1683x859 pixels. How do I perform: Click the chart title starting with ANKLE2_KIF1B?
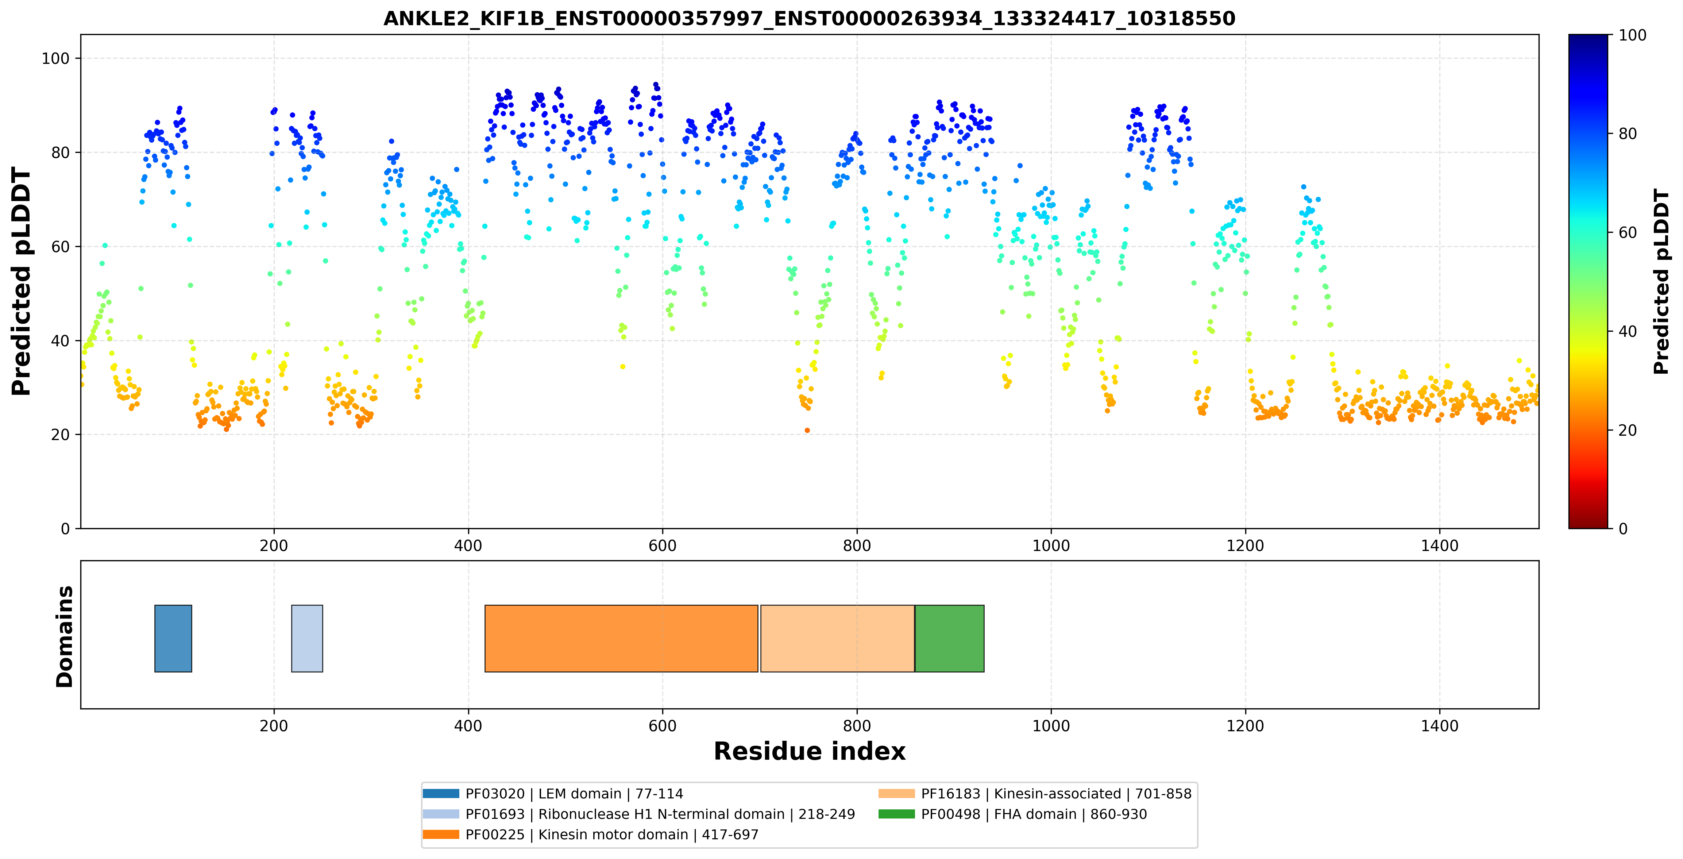tap(809, 18)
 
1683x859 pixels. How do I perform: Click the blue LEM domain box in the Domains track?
tap(173, 638)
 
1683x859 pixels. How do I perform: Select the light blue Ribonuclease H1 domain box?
tap(307, 638)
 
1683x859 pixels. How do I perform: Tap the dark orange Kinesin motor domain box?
tap(621, 638)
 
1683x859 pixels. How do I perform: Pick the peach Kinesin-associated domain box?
tap(838, 638)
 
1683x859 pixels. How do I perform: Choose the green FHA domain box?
tap(949, 638)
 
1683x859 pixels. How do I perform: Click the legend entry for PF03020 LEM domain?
tap(553, 794)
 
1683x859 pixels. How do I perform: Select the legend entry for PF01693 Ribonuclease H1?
tap(638, 814)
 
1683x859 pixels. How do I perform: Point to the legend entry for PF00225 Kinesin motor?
tap(591, 834)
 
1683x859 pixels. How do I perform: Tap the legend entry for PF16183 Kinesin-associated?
tap(1035, 794)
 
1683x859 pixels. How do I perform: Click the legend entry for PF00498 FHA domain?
tap(1013, 814)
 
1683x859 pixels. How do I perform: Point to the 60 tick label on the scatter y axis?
tap(60, 247)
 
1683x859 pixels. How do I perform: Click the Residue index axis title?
tap(810, 751)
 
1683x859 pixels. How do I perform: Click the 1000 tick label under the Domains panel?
tap(1051, 726)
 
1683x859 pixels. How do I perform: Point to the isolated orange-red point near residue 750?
tap(807, 431)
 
